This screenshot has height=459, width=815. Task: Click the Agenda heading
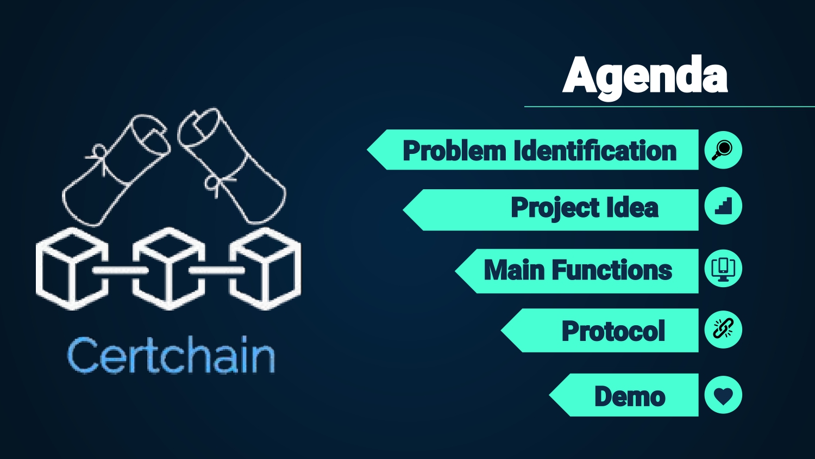[x=645, y=76]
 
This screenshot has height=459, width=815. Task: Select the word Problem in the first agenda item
[x=454, y=151]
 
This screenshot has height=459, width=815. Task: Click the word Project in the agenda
[x=554, y=208]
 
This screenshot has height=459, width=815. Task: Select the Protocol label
[x=613, y=331]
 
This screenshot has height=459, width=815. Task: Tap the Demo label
[x=630, y=396]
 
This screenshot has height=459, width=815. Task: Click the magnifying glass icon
[x=723, y=150]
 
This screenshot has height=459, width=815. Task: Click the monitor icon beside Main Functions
[x=723, y=269]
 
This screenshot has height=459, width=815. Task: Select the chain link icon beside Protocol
[x=723, y=330]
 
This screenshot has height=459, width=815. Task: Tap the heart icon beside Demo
[x=723, y=395]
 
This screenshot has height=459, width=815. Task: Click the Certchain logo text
[x=171, y=356]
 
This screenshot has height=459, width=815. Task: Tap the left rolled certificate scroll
[x=117, y=169]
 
